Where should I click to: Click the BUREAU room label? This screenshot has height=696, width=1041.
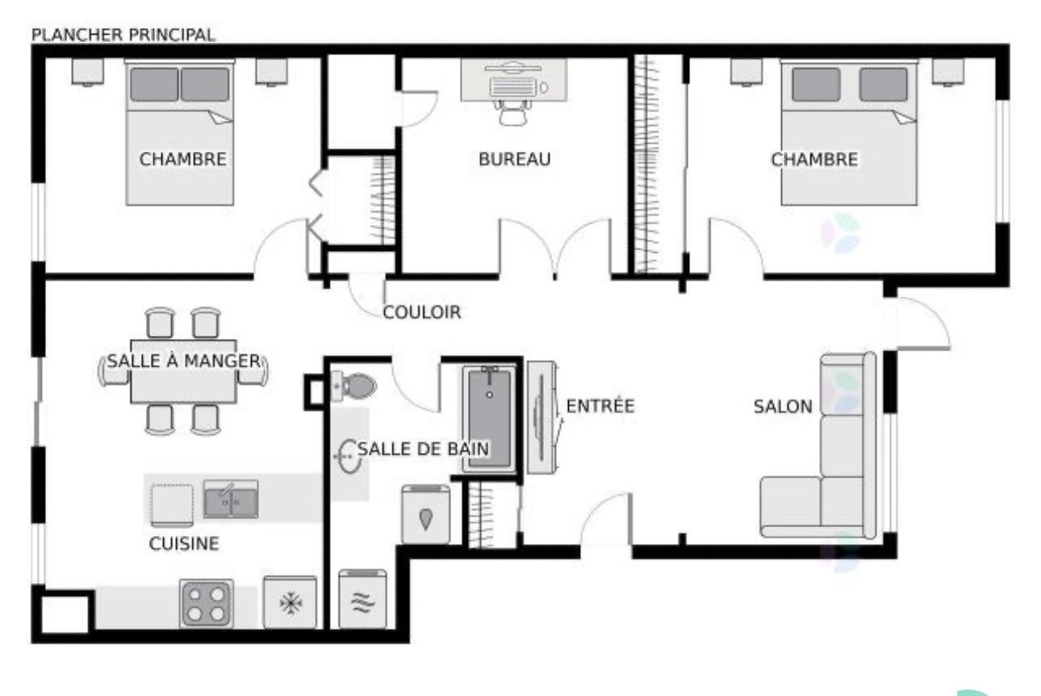click(x=515, y=159)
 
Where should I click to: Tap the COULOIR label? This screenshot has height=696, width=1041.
click(x=422, y=312)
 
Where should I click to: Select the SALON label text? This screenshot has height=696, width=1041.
click(x=783, y=407)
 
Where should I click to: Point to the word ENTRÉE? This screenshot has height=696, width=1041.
click(x=600, y=405)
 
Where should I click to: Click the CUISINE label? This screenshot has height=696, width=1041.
click(x=184, y=543)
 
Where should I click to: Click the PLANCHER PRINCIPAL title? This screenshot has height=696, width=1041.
click(x=123, y=35)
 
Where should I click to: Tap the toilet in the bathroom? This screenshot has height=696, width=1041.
click(x=355, y=386)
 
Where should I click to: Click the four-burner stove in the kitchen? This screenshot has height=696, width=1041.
click(x=207, y=603)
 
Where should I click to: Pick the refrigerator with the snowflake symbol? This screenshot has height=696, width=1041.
click(x=290, y=602)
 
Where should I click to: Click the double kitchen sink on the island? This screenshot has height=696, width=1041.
click(x=231, y=499)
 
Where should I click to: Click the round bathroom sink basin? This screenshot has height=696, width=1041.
click(x=349, y=456)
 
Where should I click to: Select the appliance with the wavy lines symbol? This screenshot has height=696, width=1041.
click(x=362, y=599)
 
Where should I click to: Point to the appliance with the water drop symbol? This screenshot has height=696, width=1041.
click(x=426, y=514)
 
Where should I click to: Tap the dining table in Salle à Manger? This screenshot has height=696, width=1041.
click(x=183, y=371)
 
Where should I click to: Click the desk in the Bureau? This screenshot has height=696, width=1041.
click(x=514, y=79)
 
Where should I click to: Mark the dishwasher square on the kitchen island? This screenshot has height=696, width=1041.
click(x=172, y=505)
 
